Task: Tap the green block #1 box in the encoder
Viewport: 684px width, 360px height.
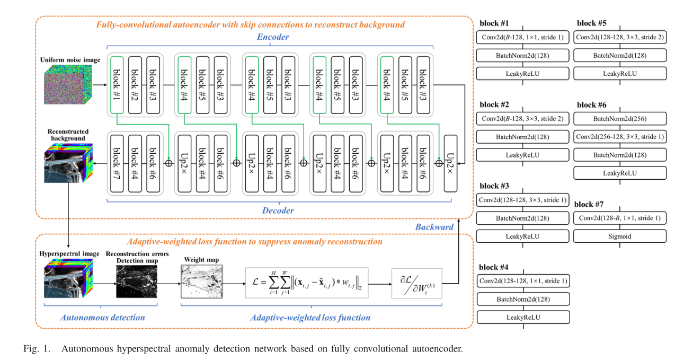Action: tap(117, 84)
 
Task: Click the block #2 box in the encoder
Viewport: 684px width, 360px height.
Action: tap(135, 84)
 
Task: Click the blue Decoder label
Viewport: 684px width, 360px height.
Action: tap(278, 210)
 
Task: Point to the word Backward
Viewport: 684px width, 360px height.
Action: tap(434, 227)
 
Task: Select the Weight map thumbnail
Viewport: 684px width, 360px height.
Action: tap(201, 281)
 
